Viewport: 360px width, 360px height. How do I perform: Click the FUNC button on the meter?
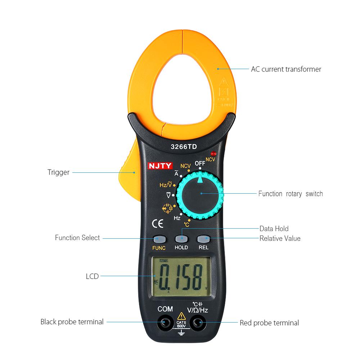click(x=159, y=239)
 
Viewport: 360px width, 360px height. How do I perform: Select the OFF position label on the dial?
click(x=200, y=163)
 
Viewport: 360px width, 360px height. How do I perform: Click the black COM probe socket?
click(x=165, y=322)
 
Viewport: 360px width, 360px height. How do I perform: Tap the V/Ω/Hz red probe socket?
click(x=198, y=322)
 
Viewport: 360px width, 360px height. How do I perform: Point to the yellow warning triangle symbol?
click(x=181, y=316)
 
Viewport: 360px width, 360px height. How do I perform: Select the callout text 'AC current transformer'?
click(x=286, y=69)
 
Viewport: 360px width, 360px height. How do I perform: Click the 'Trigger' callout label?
click(x=58, y=172)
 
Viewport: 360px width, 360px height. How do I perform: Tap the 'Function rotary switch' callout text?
click(x=291, y=194)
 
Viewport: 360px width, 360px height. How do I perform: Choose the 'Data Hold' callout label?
click(x=274, y=229)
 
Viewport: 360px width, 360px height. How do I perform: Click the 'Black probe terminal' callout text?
click(x=72, y=321)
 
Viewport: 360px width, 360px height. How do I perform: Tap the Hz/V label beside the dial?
click(x=166, y=185)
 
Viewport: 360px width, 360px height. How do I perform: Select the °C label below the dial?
click(x=186, y=225)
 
